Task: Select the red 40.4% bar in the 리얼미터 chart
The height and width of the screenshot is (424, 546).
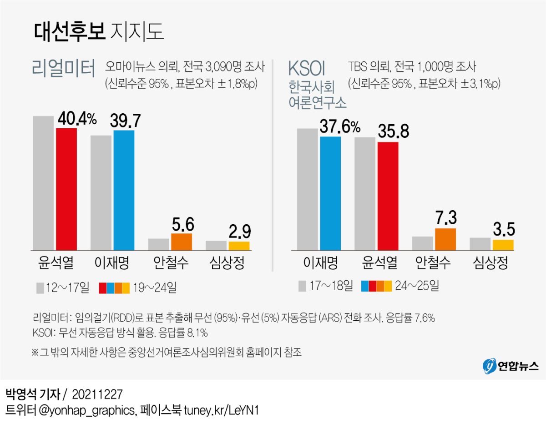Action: click(x=66, y=189)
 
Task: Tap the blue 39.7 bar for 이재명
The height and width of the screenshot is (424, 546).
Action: click(x=124, y=190)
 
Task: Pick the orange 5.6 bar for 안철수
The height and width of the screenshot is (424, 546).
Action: click(x=182, y=242)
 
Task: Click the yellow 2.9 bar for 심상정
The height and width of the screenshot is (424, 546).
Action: click(x=239, y=246)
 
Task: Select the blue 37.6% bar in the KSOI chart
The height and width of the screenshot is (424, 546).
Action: click(x=330, y=193)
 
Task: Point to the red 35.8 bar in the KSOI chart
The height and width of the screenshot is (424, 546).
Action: click(x=388, y=196)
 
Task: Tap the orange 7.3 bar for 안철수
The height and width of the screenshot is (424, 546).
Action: click(x=445, y=239)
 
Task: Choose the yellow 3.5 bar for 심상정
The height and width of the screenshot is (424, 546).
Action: click(x=503, y=245)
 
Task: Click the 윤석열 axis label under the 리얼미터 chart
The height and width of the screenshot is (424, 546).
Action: click(x=56, y=262)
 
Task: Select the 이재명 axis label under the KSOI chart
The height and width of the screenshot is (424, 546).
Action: click(x=320, y=262)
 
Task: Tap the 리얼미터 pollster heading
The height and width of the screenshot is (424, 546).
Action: click(x=64, y=69)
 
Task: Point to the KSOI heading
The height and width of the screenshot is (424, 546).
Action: click(x=307, y=69)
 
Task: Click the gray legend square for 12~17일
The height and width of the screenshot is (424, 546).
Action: click(x=40, y=288)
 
